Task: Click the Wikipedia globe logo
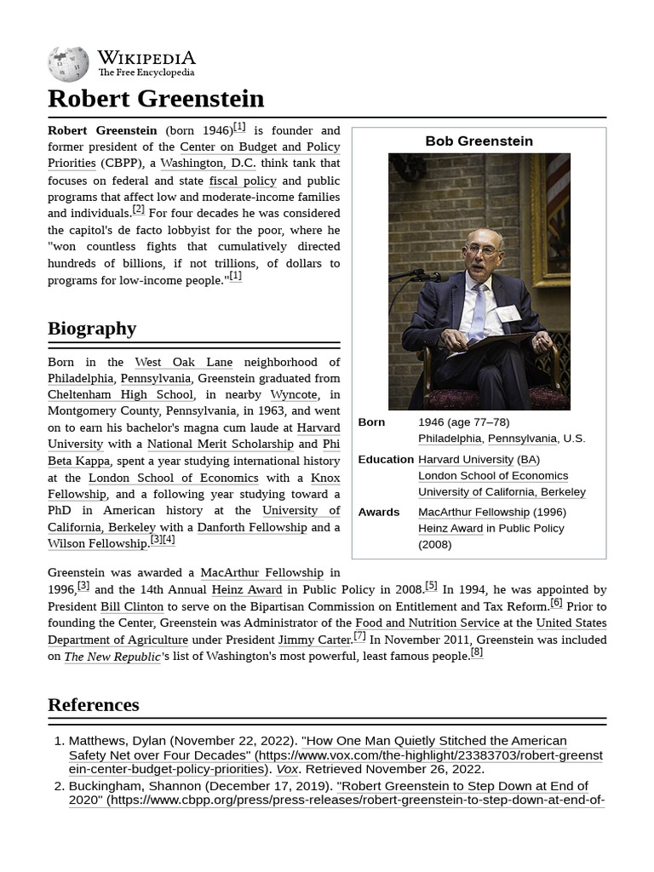coord(68,64)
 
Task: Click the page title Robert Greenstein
coord(156,99)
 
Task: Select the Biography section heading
coord(92,329)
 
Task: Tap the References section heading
coord(93,705)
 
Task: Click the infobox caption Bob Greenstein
coord(479,141)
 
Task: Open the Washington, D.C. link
coord(208,163)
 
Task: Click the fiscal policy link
coord(243,181)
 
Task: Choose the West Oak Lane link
coord(183,362)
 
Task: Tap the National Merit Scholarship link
coord(220,445)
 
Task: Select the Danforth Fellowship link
coord(251,527)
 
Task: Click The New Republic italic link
coord(112,657)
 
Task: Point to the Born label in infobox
coord(371,422)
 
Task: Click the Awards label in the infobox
coord(378,513)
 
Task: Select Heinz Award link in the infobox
coord(450,529)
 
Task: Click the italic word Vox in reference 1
coord(287,769)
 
